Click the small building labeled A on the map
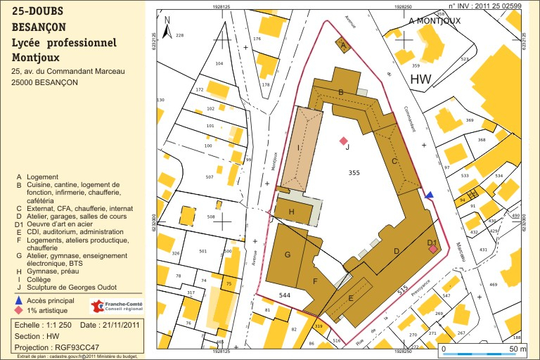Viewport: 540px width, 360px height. [343, 45]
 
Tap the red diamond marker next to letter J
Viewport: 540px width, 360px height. [343, 141]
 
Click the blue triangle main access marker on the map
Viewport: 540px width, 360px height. [430, 194]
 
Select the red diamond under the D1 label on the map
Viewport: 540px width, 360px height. [433, 249]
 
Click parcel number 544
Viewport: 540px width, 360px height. [285, 295]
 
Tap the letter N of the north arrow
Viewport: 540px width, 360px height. [167, 21]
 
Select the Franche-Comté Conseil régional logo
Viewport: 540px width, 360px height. [116, 306]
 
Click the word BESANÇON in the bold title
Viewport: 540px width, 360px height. [39, 27]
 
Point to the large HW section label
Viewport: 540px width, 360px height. [421, 79]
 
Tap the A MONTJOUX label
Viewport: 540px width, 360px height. [434, 21]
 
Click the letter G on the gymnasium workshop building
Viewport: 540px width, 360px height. [287, 255]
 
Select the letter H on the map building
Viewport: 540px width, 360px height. [291, 212]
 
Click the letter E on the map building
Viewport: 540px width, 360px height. [352, 298]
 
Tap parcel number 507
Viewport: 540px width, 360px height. [209, 177]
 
